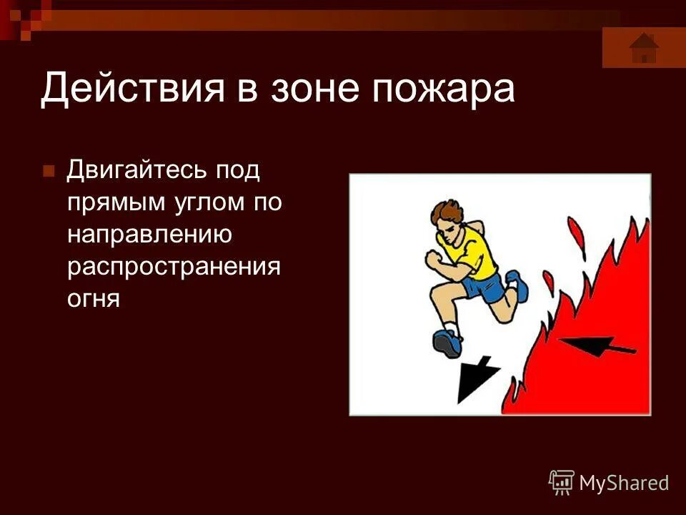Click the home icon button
coord(644,48)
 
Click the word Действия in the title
coord(129,90)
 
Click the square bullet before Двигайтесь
coord(49,172)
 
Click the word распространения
coord(173,266)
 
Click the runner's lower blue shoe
coord(447,343)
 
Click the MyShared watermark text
coord(624,483)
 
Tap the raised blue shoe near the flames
coord(517,285)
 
